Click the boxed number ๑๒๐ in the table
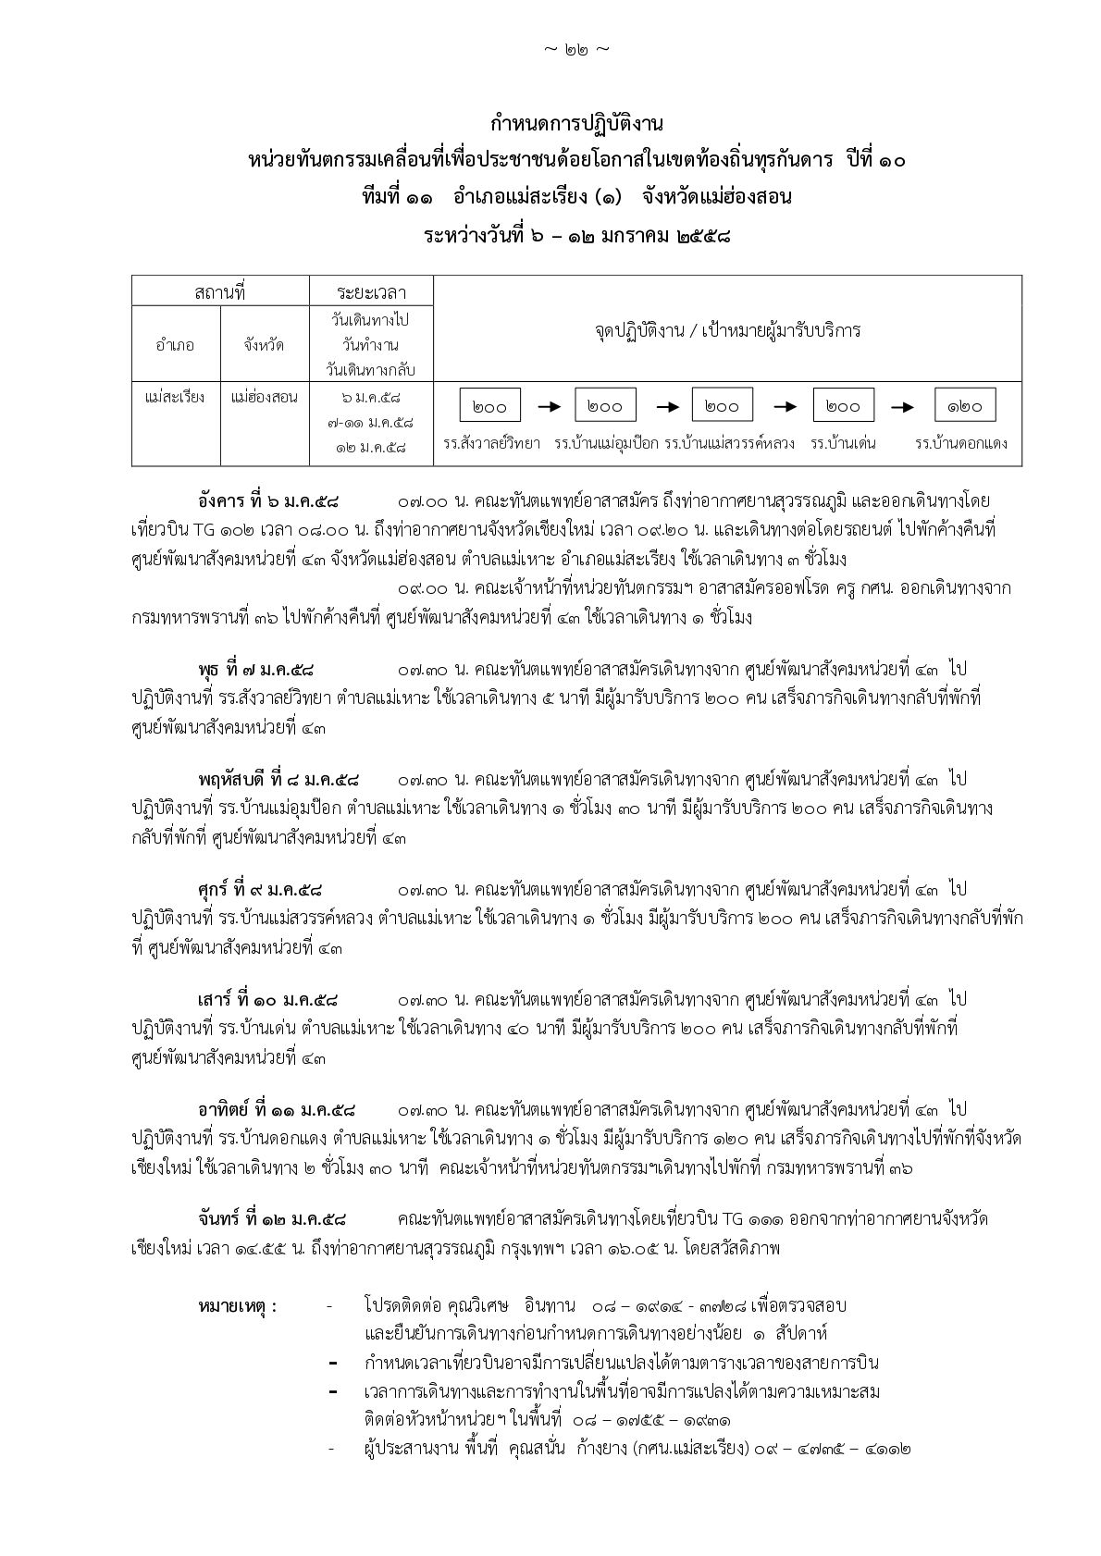965,406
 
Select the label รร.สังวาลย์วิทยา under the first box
491,444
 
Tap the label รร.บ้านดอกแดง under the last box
960,444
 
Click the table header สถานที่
220,292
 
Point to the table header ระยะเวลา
370,292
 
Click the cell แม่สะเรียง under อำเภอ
175,397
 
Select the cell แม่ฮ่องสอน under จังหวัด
265,397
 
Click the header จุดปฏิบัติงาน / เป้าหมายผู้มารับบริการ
727,330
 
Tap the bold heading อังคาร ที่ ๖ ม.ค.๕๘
268,502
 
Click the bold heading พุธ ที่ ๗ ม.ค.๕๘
256,669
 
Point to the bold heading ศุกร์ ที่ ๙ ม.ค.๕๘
260,889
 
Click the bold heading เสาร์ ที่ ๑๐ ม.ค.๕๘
267,1000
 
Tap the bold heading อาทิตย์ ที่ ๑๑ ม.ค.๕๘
277,1109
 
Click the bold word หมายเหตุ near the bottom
237,1306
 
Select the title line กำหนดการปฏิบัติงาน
576,123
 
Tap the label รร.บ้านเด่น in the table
843,444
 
